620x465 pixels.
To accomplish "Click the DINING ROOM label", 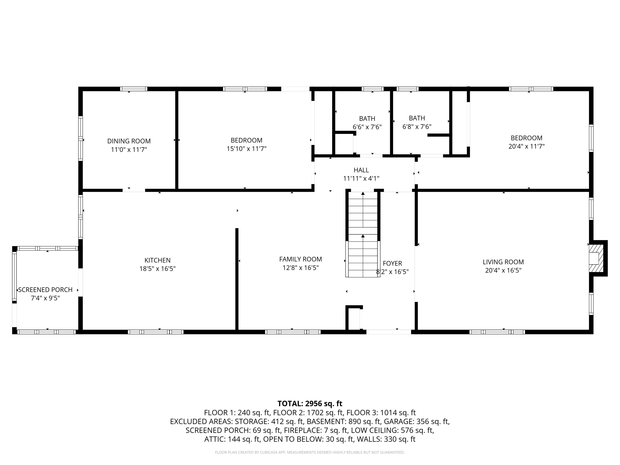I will [129, 141].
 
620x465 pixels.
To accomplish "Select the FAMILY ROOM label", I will [300, 259].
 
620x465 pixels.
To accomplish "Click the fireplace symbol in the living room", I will [595, 258].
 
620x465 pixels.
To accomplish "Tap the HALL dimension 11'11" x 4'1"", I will [361, 179].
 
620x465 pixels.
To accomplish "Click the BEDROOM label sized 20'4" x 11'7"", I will [526, 138].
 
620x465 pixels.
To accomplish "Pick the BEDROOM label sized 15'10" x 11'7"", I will [246, 140].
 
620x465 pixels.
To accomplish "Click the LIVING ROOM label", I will [503, 262].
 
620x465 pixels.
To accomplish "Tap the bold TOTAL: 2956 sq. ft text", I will [310, 404].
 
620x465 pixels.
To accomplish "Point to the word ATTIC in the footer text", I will [214, 439].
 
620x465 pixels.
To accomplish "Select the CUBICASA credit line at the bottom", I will [310, 452].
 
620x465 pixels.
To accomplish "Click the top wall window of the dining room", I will [134, 89].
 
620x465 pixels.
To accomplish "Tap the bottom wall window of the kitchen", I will [156, 332].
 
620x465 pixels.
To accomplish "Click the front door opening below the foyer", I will [389, 332].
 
